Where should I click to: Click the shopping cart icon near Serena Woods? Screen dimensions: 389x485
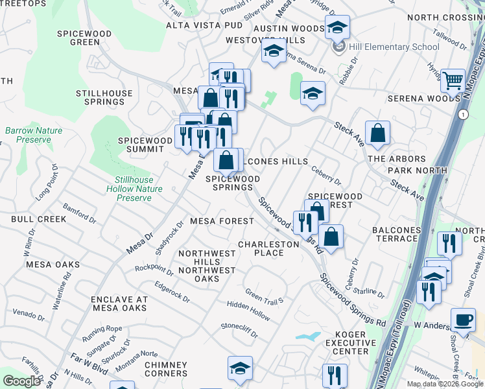453,80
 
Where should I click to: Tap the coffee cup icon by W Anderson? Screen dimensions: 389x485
463,320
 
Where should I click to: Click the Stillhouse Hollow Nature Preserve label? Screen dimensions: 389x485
134,189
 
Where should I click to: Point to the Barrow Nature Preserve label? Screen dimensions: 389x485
34,135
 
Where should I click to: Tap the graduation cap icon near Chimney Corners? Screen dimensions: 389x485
240,368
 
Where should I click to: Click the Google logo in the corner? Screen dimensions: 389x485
21,381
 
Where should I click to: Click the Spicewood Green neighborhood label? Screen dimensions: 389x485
78,37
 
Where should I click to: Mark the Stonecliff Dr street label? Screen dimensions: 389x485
239,331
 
